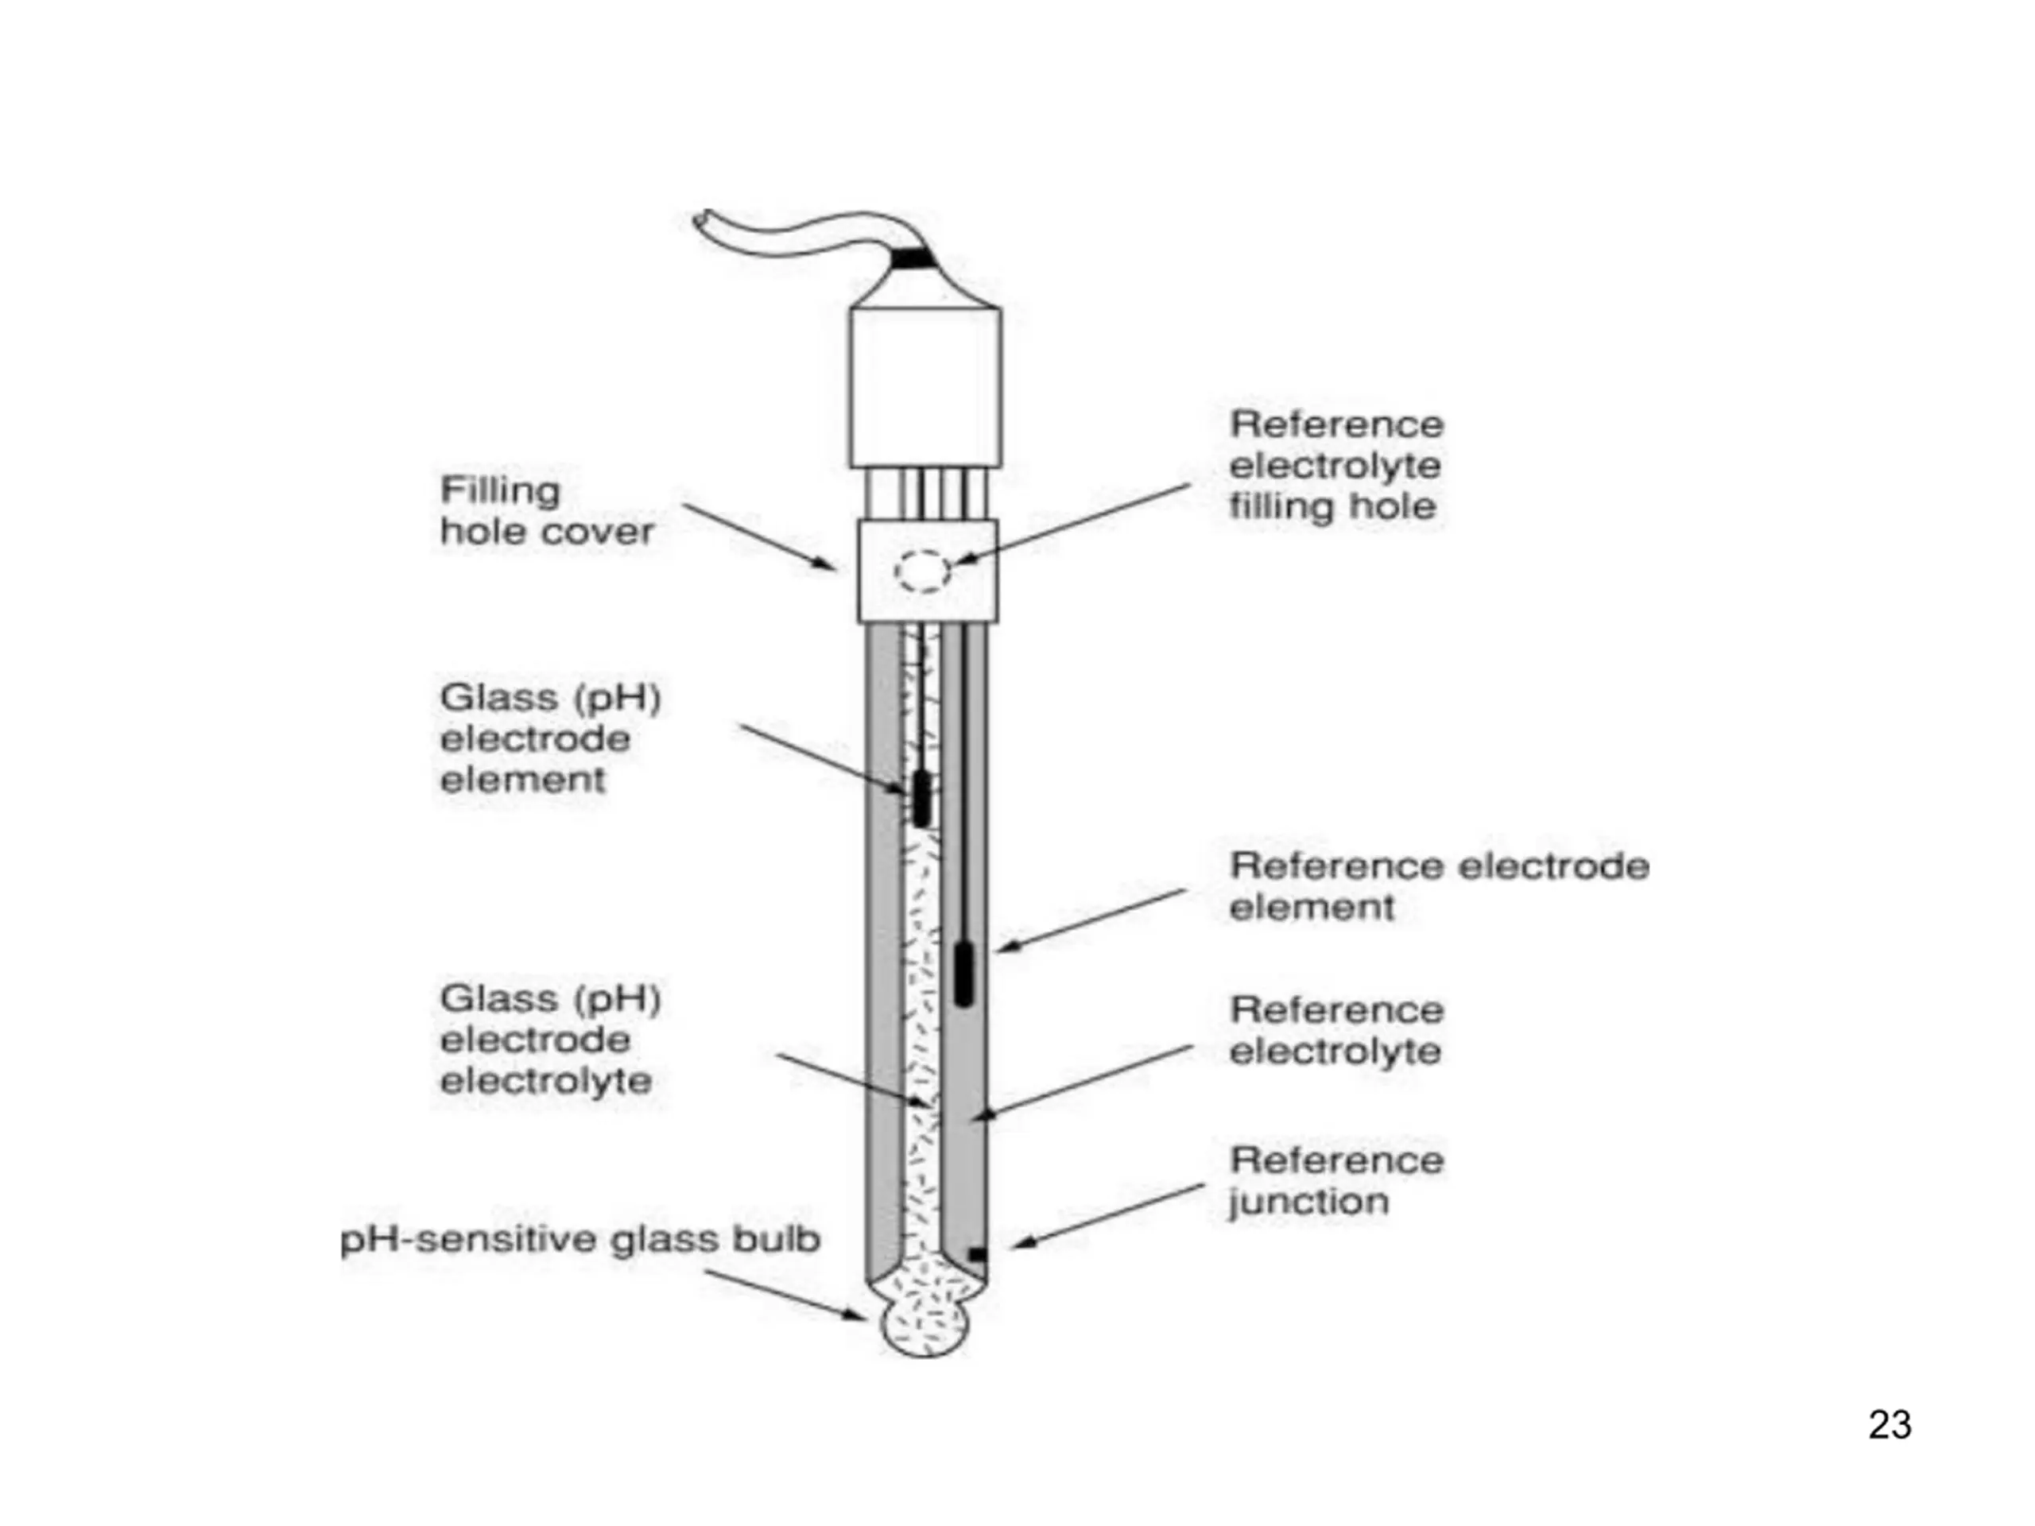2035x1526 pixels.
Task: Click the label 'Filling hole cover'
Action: pyautogui.click(x=546, y=510)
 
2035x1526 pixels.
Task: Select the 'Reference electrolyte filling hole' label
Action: pyautogui.click(x=1335, y=466)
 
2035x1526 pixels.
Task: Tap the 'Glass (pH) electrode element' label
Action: pyautogui.click(x=550, y=738)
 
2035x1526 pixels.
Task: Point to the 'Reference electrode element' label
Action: pyautogui.click(x=1439, y=887)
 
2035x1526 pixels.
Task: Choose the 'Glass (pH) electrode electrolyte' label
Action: pyautogui.click(x=550, y=1040)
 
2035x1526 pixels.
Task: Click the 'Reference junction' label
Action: pyautogui.click(x=1335, y=1181)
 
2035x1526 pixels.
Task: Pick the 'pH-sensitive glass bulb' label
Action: pyautogui.click(x=579, y=1241)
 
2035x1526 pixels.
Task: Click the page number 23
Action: pyautogui.click(x=1890, y=1425)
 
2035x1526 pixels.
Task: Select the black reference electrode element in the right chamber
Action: pyautogui.click(x=963, y=973)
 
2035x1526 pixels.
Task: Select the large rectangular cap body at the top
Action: pyautogui.click(x=924, y=387)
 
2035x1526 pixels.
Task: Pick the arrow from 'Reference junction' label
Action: pyautogui.click(x=1107, y=1216)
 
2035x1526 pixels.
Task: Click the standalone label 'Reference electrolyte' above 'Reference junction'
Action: pyautogui.click(x=1335, y=1031)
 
